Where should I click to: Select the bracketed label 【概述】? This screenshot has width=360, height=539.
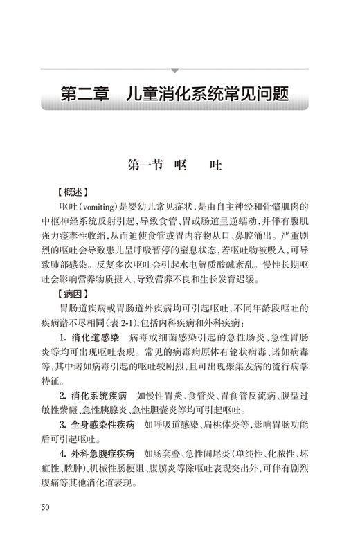[72, 191]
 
